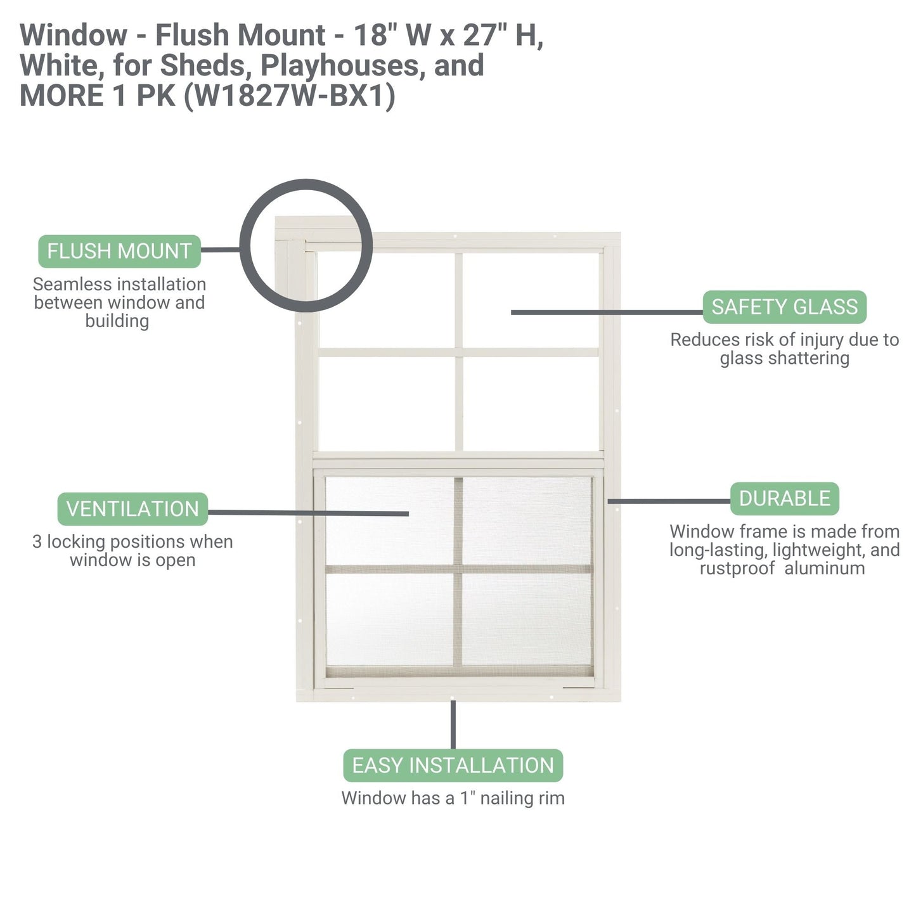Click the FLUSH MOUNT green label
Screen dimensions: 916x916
coord(119,252)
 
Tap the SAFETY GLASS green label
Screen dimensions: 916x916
coord(784,307)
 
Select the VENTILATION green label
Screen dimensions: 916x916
coord(132,509)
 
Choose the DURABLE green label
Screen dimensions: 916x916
coord(784,499)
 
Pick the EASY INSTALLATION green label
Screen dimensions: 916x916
coord(453,766)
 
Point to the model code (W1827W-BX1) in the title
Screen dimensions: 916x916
coord(289,96)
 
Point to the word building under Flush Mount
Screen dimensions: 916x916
coord(117,321)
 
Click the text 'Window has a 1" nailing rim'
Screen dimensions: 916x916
coord(453,799)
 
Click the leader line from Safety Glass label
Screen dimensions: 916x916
coord(605,313)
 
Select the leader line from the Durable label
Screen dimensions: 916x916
coord(669,501)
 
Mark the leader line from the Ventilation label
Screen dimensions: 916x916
coord(307,513)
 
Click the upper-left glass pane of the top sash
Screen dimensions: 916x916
coord(387,299)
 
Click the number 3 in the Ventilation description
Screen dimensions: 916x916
coord(37,543)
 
